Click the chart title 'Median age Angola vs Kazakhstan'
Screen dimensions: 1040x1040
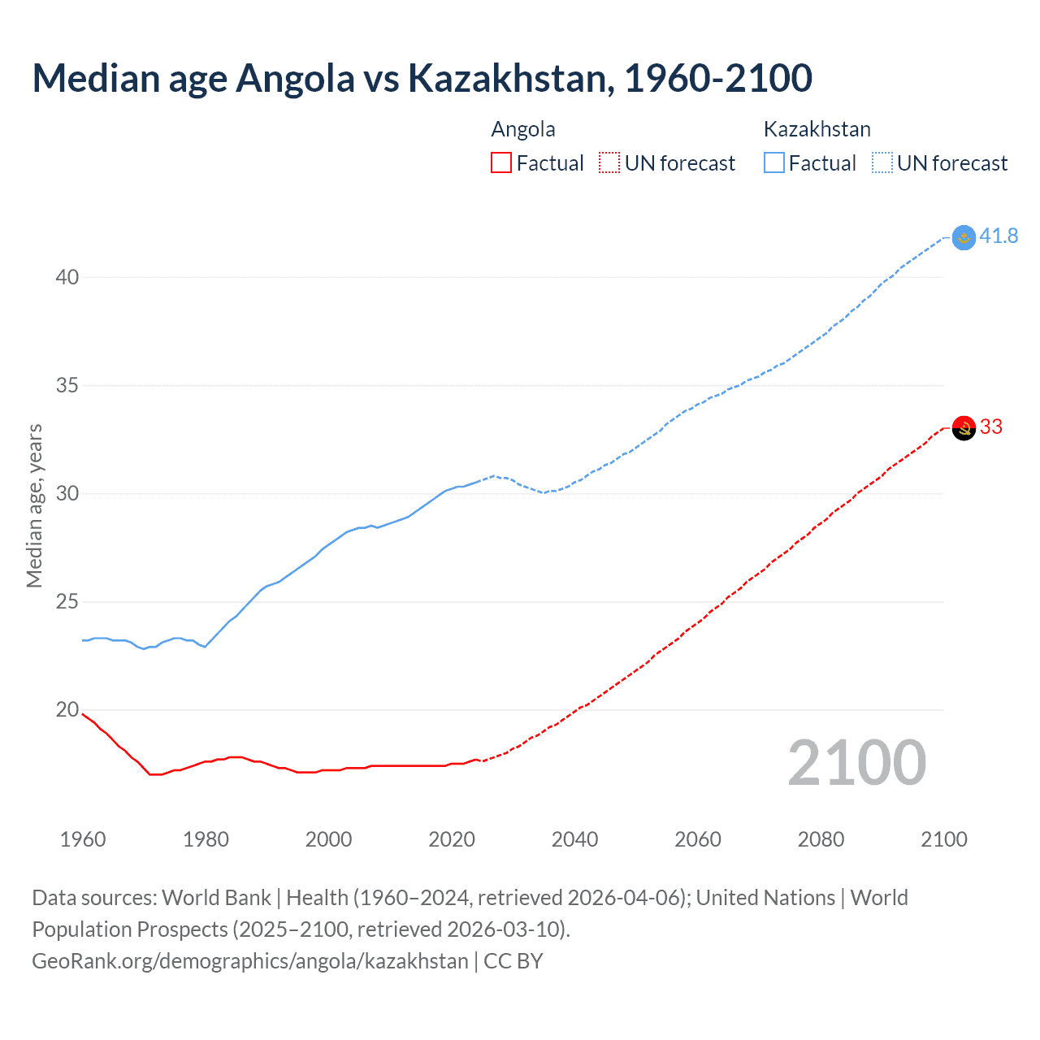coord(422,78)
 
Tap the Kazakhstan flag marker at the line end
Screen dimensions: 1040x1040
coord(964,237)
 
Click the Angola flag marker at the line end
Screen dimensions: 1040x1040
coord(964,428)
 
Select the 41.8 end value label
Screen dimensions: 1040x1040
coord(999,236)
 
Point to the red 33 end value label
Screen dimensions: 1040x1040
coord(991,427)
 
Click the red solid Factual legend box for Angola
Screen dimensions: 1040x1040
coord(501,163)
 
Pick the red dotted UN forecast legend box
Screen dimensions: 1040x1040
coord(609,163)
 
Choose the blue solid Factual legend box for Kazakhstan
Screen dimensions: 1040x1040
coord(773,163)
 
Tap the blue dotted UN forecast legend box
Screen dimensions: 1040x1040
coord(882,163)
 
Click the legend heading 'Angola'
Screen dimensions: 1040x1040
coord(523,130)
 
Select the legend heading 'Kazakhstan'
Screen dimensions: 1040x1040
coord(817,130)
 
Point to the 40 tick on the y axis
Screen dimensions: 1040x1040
coord(67,278)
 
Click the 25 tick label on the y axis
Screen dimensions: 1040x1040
coord(67,602)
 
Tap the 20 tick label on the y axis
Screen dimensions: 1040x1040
coord(67,710)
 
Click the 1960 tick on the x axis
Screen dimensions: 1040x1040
coord(83,839)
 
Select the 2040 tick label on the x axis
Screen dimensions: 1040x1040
coord(574,839)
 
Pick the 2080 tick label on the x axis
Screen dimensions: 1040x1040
coord(821,839)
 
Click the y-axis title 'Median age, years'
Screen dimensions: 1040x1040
coord(34,505)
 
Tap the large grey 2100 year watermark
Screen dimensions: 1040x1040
coord(856,763)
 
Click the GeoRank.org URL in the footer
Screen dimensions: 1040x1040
coord(250,961)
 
